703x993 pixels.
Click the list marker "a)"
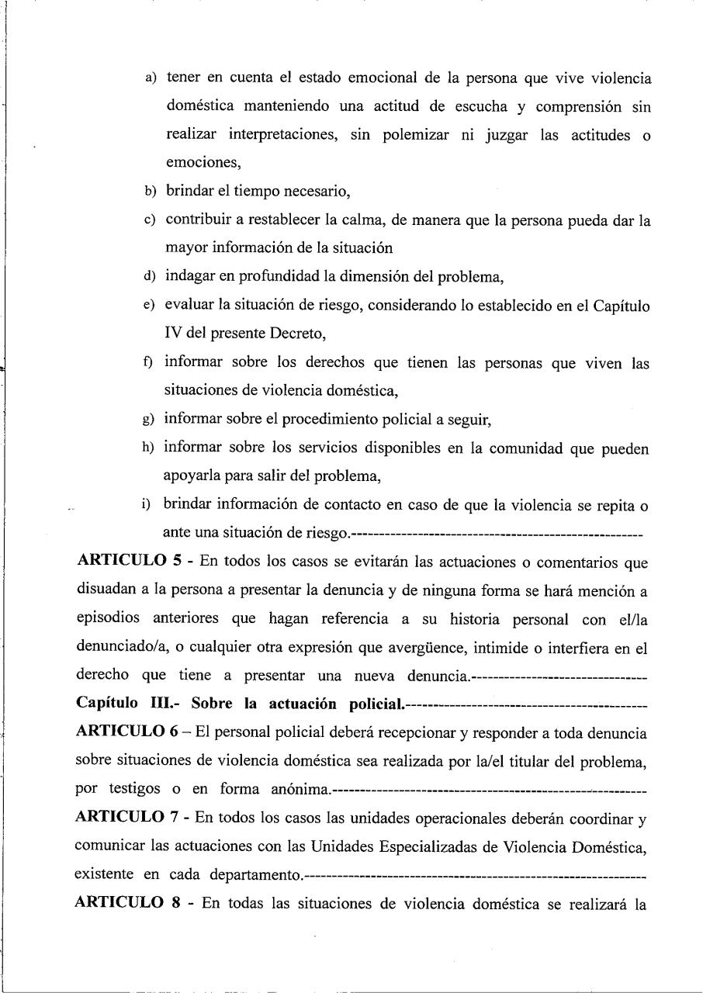pos(150,79)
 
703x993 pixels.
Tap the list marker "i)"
pos(146,505)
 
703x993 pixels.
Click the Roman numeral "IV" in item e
pos(174,334)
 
